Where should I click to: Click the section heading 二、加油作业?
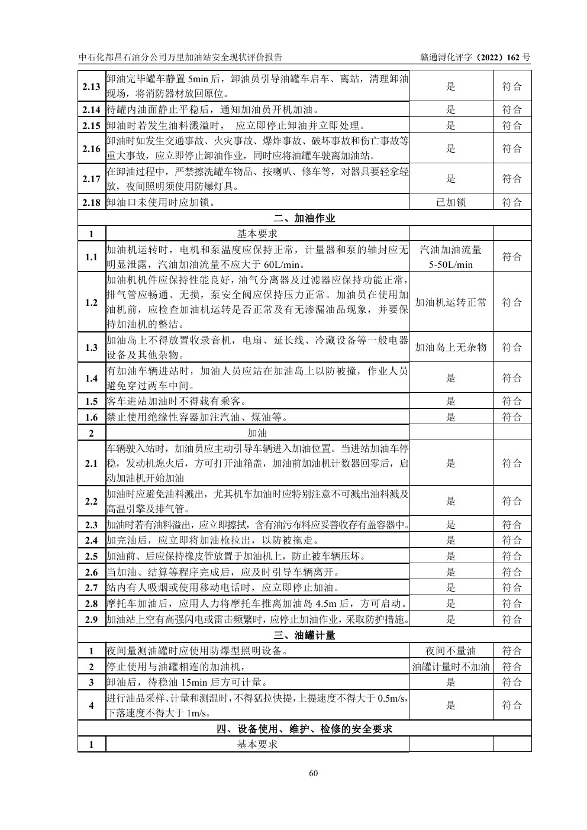point(305,218)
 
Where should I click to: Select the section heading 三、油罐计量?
point(305,635)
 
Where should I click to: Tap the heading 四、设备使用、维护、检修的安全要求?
point(305,729)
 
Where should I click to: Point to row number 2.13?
point(91,86)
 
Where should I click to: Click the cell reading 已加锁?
point(451,202)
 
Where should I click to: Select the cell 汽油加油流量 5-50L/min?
point(451,257)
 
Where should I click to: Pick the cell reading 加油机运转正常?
point(451,302)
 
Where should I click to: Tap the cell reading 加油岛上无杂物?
point(451,347)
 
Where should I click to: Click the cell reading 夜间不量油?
point(451,651)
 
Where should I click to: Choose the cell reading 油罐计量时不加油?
point(451,667)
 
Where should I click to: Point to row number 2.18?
point(91,202)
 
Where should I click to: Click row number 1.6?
point(91,417)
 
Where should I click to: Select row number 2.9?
point(91,619)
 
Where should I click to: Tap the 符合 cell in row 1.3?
point(512,347)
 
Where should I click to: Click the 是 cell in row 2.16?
point(451,148)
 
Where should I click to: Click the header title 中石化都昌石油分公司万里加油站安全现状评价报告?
point(180,57)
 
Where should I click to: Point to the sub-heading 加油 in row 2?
point(257,433)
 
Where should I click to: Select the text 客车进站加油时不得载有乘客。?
point(176,401)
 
